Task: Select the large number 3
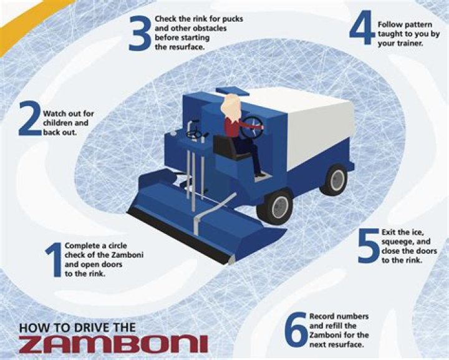tap(140, 33)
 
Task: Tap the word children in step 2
tap(58, 124)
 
